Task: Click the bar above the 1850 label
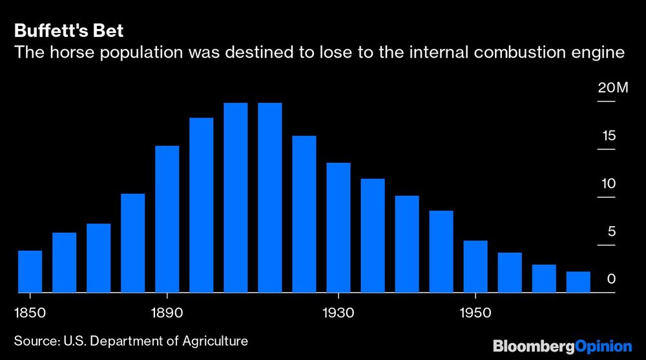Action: (30, 271)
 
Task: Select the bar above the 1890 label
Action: (167, 219)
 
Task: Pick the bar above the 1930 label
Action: (339, 228)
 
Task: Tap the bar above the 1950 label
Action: (475, 266)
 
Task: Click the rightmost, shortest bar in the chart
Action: (578, 282)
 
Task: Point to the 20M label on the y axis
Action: (612, 88)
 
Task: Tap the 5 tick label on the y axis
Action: (611, 231)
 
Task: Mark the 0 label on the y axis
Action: (611, 279)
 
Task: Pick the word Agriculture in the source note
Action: (212, 340)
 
